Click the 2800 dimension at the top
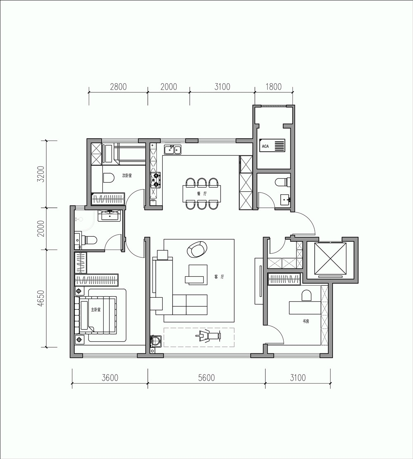click(x=119, y=87)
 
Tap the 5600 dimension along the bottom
click(x=206, y=378)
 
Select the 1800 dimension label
click(x=273, y=87)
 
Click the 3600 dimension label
click(x=110, y=378)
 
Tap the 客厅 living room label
click(x=219, y=277)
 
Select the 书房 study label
click(x=306, y=321)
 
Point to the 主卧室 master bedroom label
click(x=96, y=309)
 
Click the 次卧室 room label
click(x=127, y=175)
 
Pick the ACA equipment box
click(x=272, y=146)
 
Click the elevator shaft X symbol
click(x=330, y=259)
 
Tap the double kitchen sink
click(x=173, y=149)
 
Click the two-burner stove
click(x=156, y=180)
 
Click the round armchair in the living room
click(x=197, y=250)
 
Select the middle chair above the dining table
click(x=202, y=183)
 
